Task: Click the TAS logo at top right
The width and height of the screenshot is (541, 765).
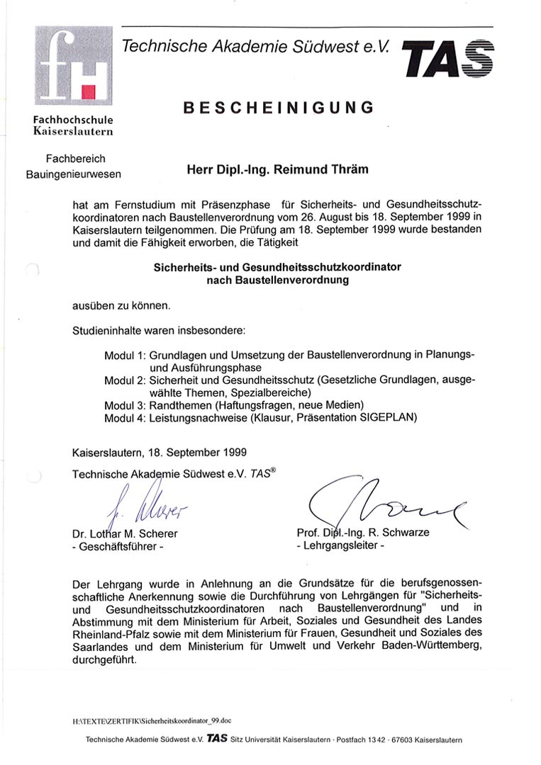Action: (x=449, y=58)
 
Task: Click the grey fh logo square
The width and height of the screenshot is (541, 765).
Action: (x=73, y=66)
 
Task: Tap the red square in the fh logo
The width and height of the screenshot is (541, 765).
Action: (x=89, y=91)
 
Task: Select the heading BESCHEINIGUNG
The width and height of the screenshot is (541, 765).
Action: (x=278, y=108)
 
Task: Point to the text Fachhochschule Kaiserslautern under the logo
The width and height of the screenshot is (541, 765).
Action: (x=73, y=125)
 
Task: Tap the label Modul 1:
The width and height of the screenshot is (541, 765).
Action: (x=125, y=354)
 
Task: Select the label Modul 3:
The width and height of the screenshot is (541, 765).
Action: (x=125, y=404)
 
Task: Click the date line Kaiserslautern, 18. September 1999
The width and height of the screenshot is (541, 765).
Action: (x=160, y=451)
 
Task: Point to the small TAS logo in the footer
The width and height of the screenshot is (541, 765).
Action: (x=218, y=738)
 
